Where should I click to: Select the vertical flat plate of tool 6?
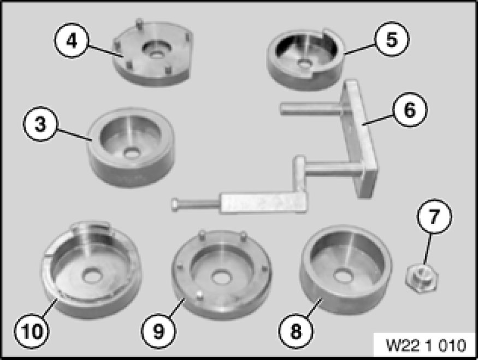pos(361,137)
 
